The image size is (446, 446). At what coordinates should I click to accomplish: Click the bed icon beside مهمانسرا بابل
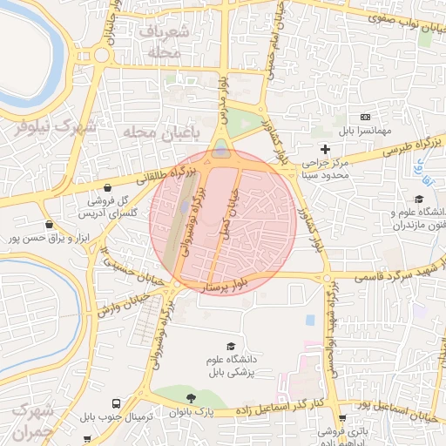point(365,117)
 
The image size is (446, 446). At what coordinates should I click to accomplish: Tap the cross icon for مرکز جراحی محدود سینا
point(325,149)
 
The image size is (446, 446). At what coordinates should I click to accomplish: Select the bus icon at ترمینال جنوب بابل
point(117,404)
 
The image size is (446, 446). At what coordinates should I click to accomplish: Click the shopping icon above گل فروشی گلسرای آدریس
point(107,187)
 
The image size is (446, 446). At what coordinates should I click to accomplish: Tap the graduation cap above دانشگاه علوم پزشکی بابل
point(229,346)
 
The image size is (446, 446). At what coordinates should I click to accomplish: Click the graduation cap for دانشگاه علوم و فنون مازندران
point(418,199)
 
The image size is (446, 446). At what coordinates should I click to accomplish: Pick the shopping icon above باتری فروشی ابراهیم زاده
point(341,418)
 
